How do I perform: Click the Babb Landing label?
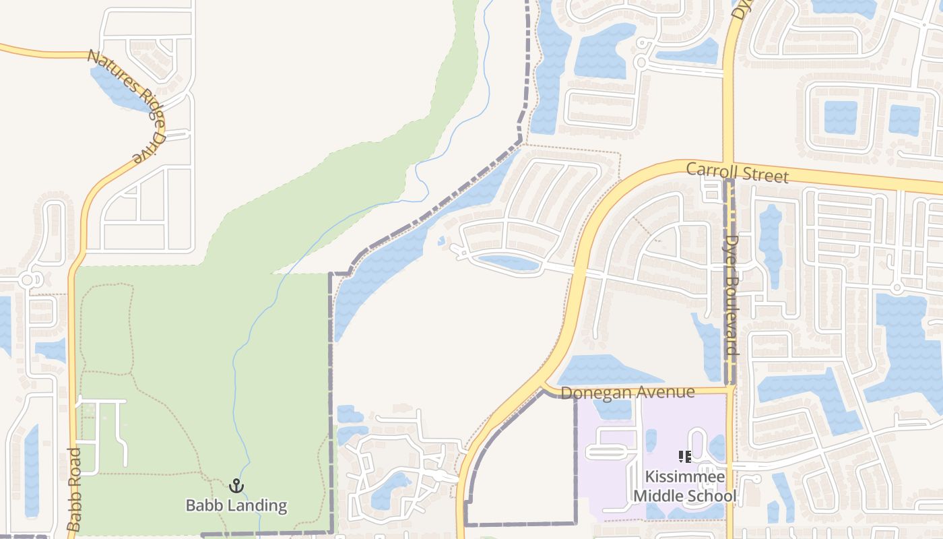236,505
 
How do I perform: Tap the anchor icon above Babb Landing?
236,486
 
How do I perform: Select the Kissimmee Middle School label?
684,486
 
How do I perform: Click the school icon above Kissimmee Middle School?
685,457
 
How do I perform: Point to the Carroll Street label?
737,172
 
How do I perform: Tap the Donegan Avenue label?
627,392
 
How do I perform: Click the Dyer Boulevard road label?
732,295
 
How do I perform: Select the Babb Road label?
74,488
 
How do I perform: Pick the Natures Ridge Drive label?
127,105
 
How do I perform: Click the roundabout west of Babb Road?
28,280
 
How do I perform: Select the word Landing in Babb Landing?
259,505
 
